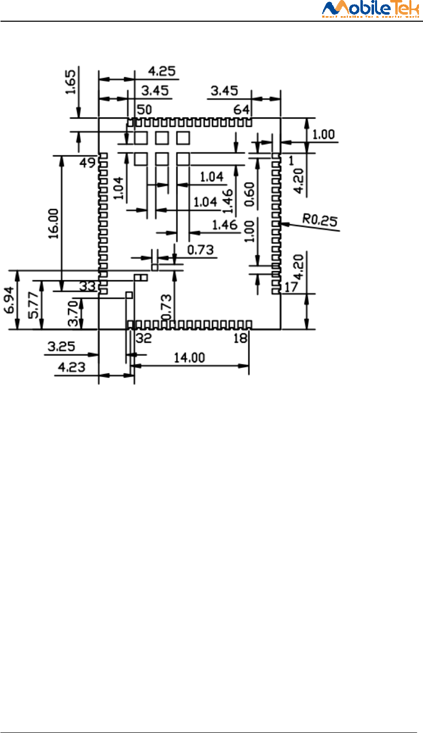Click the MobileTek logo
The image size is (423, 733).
point(371,10)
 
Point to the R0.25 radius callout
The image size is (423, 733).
point(319,219)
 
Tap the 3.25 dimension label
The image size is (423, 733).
point(61,347)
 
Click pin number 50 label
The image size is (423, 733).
point(144,110)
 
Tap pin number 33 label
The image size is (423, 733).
point(87,286)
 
